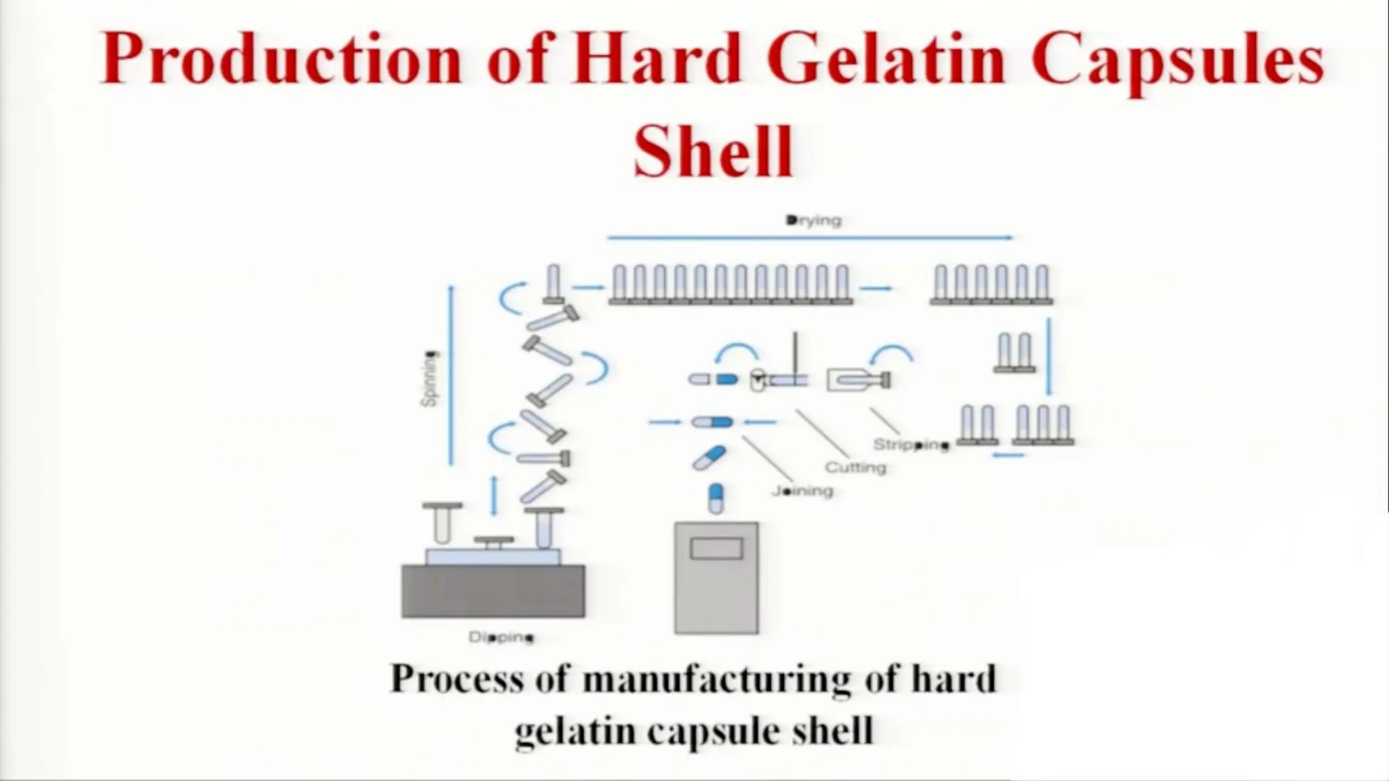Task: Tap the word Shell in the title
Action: tap(713, 151)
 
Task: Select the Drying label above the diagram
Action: tap(814, 220)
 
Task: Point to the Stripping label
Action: tap(911, 445)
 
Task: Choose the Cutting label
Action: tap(856, 467)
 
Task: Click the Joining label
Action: tap(802, 490)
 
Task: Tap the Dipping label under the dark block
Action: tap(501, 637)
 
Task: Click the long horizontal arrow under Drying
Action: tap(810, 237)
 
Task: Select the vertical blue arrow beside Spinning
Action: tap(452, 376)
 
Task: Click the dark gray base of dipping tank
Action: tap(493, 591)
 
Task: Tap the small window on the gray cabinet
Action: tap(716, 548)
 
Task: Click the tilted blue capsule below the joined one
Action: tap(709, 458)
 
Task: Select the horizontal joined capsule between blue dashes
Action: tap(711, 422)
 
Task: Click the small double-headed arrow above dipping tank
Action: tap(494, 496)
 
